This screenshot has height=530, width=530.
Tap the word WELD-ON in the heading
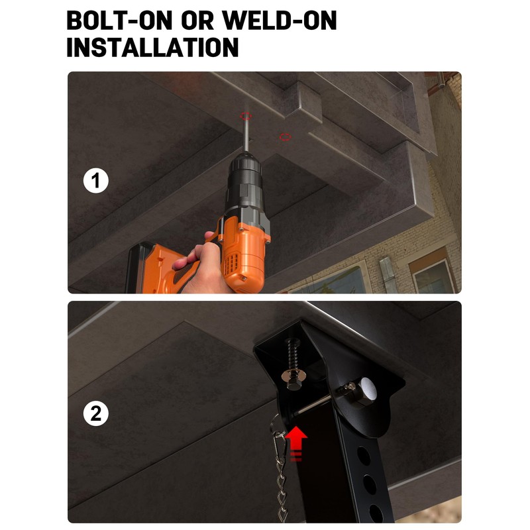279,21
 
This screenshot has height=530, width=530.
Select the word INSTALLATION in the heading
153,47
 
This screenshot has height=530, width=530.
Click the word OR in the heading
197,21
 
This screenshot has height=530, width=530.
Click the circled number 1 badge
96,181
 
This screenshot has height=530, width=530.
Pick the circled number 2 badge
96,413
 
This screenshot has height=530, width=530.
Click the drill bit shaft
246,135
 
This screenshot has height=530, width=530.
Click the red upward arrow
295,443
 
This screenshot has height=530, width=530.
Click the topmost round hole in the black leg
363,455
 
